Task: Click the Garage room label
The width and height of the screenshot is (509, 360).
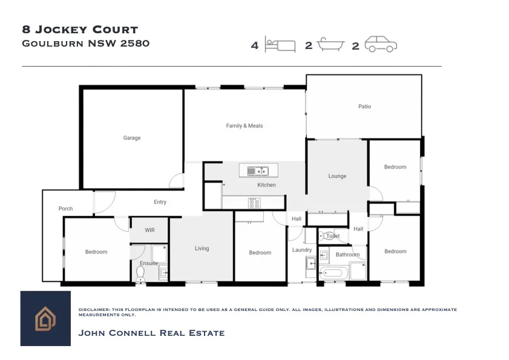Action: point(132,138)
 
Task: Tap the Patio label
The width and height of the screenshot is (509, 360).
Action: point(364,106)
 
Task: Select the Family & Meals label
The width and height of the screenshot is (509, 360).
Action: point(245,126)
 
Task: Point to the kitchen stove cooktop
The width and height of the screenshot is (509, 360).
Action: point(254,203)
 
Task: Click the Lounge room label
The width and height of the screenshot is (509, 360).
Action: point(337,176)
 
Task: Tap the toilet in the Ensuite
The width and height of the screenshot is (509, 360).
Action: point(140,274)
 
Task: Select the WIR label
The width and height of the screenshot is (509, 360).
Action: point(149,231)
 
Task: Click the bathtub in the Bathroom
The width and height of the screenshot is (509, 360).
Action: point(333,273)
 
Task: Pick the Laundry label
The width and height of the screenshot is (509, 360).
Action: point(302,250)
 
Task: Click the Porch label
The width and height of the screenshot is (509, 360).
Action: point(65,209)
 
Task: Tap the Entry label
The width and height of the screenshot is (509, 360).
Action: point(160,202)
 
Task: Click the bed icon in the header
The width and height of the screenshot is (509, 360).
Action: point(280,45)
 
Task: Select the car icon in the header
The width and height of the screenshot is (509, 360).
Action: point(381,45)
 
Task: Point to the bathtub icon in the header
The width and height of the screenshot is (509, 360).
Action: point(330,45)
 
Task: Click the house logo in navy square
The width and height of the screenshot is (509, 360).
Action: point(45,319)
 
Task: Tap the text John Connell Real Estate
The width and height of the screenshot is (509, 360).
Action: point(151,333)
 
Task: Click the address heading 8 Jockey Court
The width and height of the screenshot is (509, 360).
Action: point(80,30)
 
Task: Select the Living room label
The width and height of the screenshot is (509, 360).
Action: point(202,249)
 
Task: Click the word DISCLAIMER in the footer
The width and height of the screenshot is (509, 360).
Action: point(92,310)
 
